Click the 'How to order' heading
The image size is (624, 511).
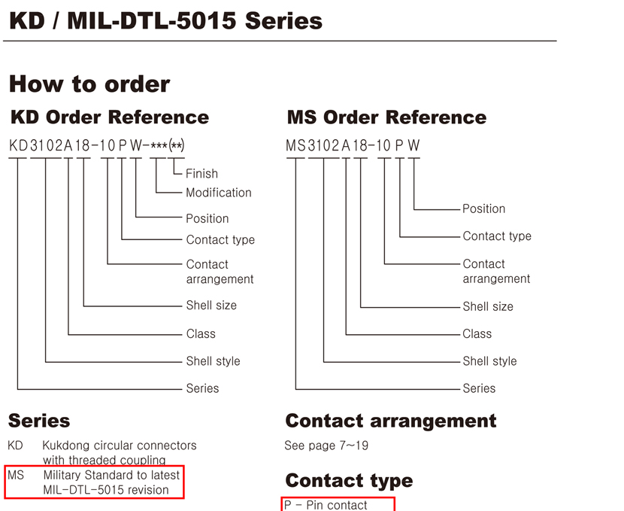click(x=89, y=84)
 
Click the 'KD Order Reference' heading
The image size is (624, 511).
click(x=110, y=117)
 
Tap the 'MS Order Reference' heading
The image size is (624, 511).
click(x=386, y=117)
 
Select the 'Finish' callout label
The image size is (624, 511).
click(x=201, y=174)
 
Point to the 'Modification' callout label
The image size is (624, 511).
click(x=219, y=193)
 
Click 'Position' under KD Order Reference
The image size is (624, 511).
click(x=207, y=219)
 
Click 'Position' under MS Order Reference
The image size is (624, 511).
click(x=483, y=208)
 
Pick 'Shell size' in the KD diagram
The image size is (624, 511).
click(x=211, y=306)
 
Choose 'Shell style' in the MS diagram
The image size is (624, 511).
click(x=489, y=361)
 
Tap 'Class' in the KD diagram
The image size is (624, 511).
click(x=201, y=333)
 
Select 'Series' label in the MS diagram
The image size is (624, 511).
click(x=479, y=388)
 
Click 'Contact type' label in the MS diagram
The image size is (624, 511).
click(x=497, y=236)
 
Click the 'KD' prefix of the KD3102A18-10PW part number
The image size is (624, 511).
click(x=18, y=146)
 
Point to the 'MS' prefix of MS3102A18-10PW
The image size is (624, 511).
click(x=295, y=146)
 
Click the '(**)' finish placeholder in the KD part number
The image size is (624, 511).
click(x=176, y=146)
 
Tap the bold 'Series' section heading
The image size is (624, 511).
click(x=39, y=421)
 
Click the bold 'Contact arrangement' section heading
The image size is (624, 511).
click(x=391, y=421)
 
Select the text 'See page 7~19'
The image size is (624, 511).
click(x=326, y=446)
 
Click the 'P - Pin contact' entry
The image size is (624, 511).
click(x=326, y=505)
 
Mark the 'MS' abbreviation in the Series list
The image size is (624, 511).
click(x=16, y=475)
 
